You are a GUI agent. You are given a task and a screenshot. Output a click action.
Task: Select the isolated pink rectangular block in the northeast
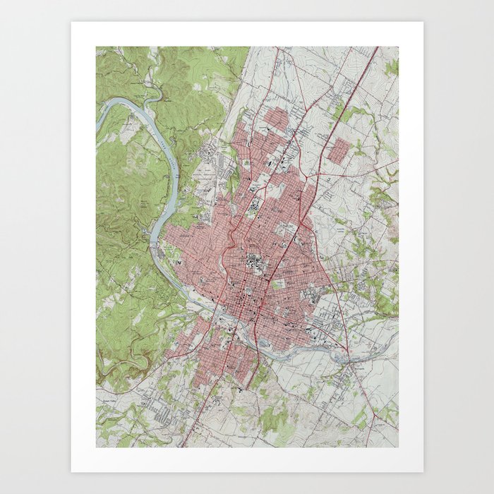339,151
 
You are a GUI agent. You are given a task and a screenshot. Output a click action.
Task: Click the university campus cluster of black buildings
253,265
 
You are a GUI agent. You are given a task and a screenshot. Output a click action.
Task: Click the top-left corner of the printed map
97,47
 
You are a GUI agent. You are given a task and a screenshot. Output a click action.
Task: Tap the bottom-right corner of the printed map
398,447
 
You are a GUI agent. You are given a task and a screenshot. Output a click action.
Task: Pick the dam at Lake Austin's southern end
153,243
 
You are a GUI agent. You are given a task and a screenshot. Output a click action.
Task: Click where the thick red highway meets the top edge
377,48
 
